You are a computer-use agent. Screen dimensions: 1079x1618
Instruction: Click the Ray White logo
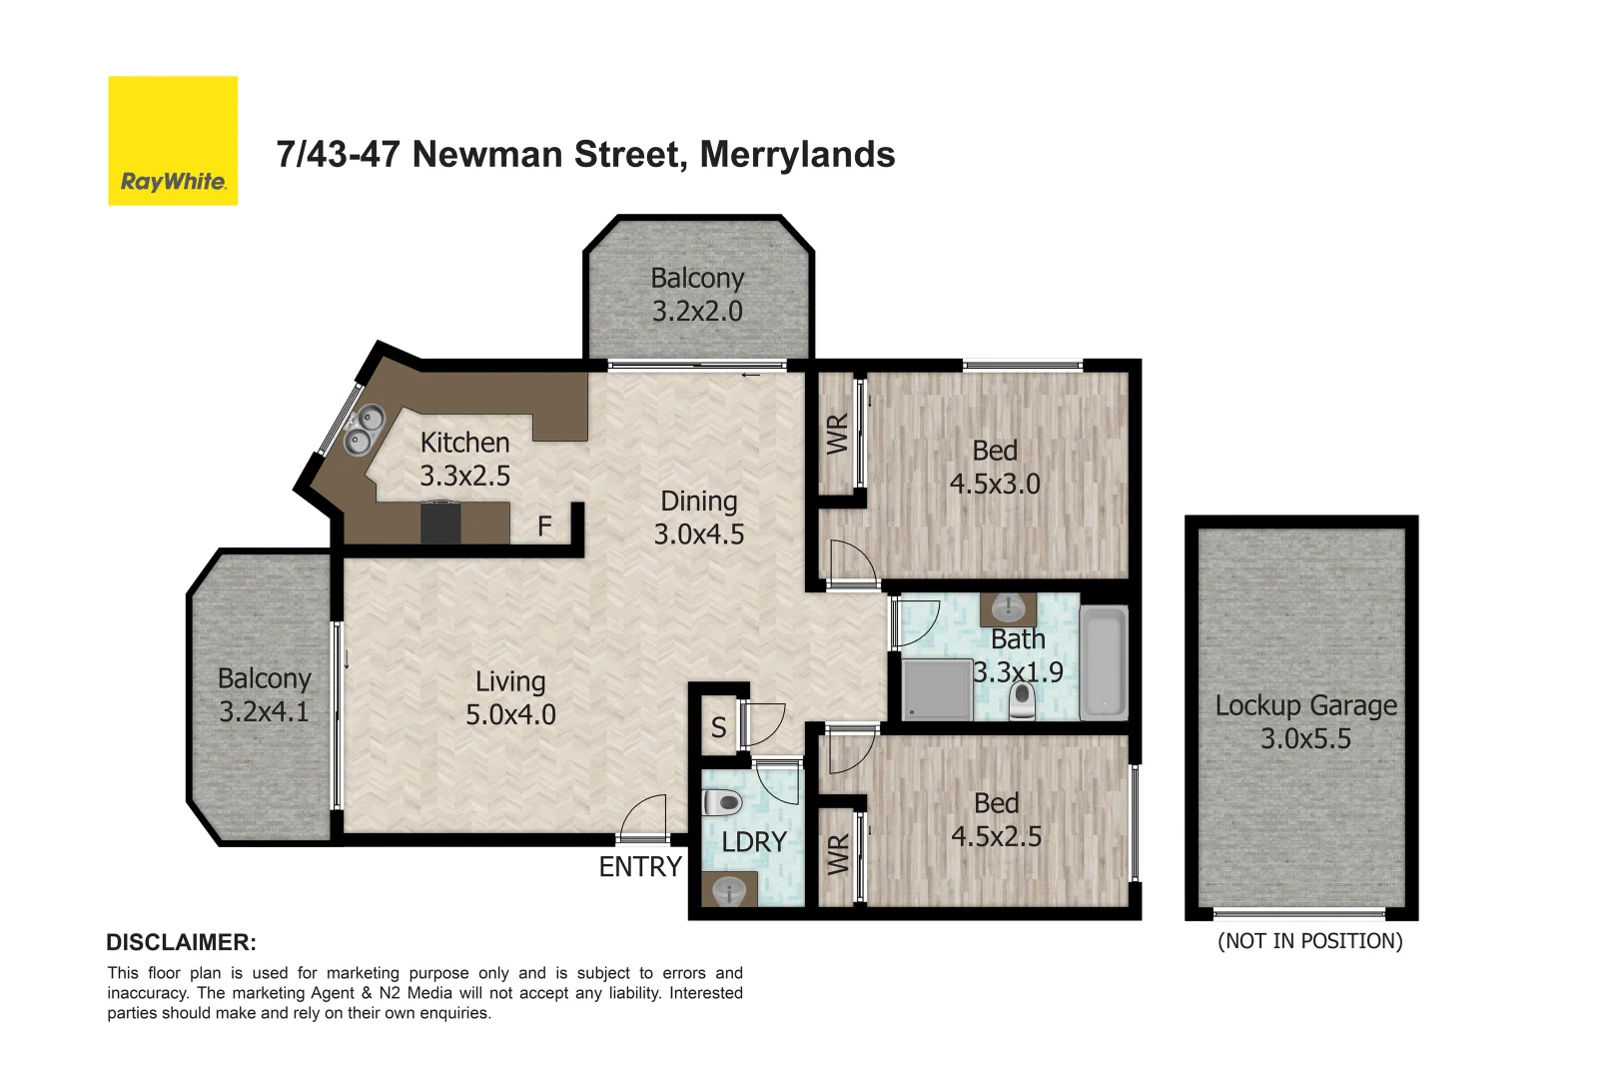(173, 141)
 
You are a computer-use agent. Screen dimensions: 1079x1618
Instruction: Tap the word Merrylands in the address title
(797, 155)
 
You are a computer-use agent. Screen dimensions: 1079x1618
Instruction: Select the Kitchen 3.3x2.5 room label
(464, 459)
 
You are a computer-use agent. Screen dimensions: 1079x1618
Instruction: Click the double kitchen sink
(365, 429)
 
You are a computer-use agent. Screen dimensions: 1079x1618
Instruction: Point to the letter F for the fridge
(544, 526)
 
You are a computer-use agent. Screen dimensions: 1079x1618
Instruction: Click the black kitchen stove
(440, 523)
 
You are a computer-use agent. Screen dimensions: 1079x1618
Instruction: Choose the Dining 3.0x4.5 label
(699, 518)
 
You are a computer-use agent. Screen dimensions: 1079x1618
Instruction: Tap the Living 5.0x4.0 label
(510, 697)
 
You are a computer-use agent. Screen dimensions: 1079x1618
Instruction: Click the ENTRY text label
(640, 867)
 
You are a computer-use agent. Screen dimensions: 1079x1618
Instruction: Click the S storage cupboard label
(718, 727)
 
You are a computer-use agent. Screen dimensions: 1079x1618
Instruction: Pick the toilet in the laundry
(722, 802)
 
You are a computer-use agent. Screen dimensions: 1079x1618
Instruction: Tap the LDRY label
(754, 842)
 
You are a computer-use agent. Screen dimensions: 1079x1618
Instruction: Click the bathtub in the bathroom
(1104, 662)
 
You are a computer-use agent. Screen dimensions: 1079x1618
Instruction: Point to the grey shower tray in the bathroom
(937, 689)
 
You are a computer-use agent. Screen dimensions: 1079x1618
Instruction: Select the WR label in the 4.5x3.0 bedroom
(838, 435)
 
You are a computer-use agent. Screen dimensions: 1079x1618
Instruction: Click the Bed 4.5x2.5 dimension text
(996, 836)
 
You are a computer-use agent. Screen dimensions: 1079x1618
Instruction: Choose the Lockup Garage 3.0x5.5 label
(1305, 721)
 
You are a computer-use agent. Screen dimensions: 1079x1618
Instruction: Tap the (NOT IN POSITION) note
(1309, 941)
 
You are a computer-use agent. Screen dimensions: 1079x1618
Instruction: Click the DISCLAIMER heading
(181, 942)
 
